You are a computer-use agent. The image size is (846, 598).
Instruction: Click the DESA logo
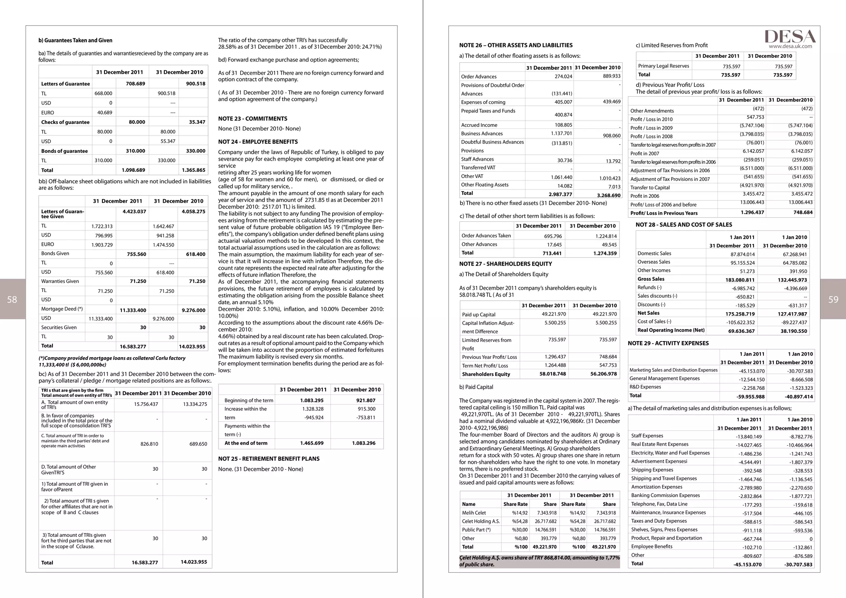pyautogui.click(x=789, y=36)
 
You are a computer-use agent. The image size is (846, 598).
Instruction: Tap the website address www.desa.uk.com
pyautogui.click(x=790, y=46)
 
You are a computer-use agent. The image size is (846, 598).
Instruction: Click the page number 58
pyautogui.click(x=12, y=299)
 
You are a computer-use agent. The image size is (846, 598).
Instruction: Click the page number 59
pyautogui.click(x=833, y=299)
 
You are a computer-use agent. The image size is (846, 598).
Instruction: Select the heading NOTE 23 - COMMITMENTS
pyautogui.click(x=253, y=119)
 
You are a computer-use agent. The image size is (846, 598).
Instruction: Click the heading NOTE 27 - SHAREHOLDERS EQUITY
pyautogui.click(x=505, y=264)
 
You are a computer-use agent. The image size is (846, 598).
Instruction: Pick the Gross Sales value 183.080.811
pyautogui.click(x=737, y=280)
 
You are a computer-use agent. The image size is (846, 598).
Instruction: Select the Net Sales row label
pyautogui.click(x=648, y=313)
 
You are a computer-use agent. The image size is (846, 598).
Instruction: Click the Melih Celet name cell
pyautogui.click(x=474, y=513)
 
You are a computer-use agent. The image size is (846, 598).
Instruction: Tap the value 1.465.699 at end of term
pyautogui.click(x=312, y=443)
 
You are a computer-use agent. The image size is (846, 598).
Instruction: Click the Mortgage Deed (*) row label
pyautogui.click(x=62, y=309)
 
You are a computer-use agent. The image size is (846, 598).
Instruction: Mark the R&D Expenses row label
pyautogui.click(x=645, y=387)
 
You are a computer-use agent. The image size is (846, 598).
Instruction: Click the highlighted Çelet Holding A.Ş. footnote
pyautogui.click(x=539, y=561)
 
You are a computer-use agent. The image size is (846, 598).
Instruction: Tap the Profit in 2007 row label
pyautogui.click(x=644, y=154)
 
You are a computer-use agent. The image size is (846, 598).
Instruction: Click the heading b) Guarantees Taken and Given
pyautogui.click(x=75, y=40)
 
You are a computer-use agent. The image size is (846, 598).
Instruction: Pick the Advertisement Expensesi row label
pyautogui.click(x=659, y=461)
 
